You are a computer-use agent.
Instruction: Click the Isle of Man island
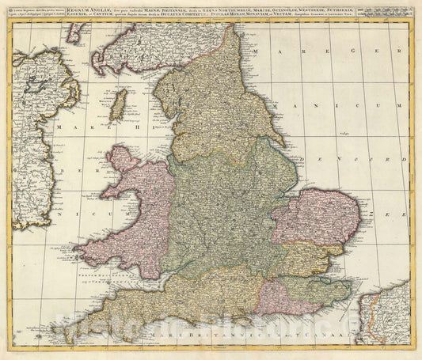pyautogui.click(x=118, y=104)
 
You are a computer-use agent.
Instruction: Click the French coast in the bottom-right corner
pyautogui.click(x=387, y=316)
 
